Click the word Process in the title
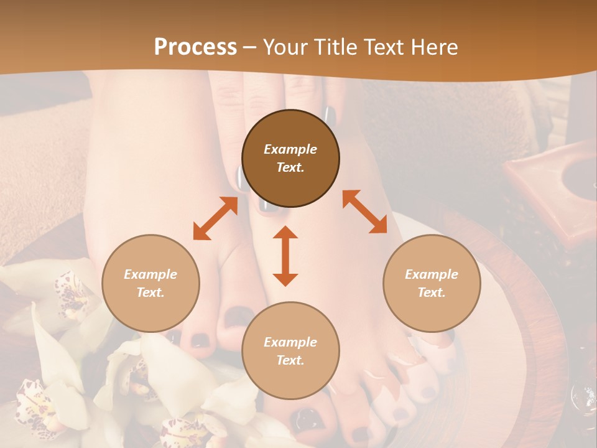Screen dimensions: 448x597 195,47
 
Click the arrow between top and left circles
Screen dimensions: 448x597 215,218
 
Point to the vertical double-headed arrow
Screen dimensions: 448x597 285,256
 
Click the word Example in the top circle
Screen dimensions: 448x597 290,149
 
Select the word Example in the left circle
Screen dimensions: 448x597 150,274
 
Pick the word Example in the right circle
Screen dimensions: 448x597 432,274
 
